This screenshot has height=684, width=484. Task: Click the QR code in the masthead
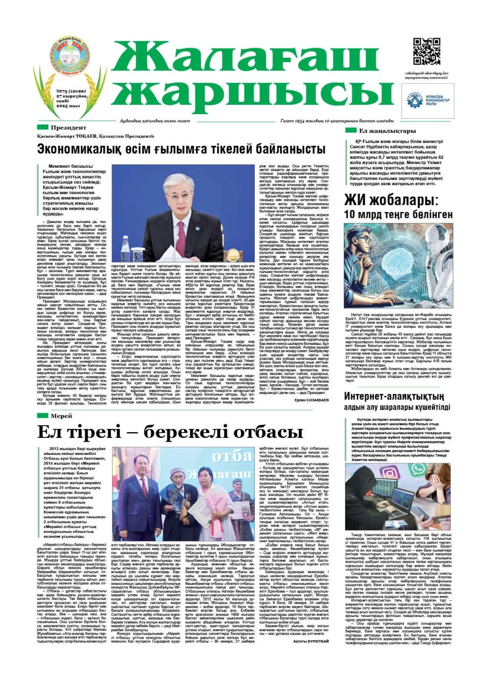(x=427, y=51)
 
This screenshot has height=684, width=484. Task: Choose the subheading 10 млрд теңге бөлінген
(x=398, y=215)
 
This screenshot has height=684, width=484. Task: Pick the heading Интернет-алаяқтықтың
(x=394, y=396)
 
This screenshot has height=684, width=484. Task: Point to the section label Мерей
(x=61, y=416)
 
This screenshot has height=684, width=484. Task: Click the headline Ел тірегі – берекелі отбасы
(x=163, y=432)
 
